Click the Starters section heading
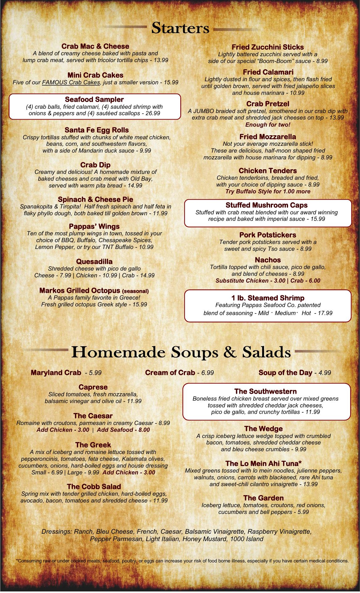[x=180, y=28]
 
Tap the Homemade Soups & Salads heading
[x=181, y=352]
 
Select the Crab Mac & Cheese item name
[x=95, y=46]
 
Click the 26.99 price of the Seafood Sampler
[x=153, y=113]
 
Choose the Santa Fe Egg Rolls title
[x=97, y=130]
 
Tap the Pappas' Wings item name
[x=94, y=226]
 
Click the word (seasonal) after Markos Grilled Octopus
[x=136, y=291]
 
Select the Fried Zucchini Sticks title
[x=267, y=47]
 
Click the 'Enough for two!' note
[x=268, y=125]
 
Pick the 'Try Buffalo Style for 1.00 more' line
[x=268, y=191]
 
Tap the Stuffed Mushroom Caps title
[x=266, y=205]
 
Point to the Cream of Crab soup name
[x=170, y=373]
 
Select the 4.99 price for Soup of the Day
[x=325, y=373]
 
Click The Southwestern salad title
[x=265, y=392]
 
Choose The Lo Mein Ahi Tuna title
[x=263, y=463]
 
